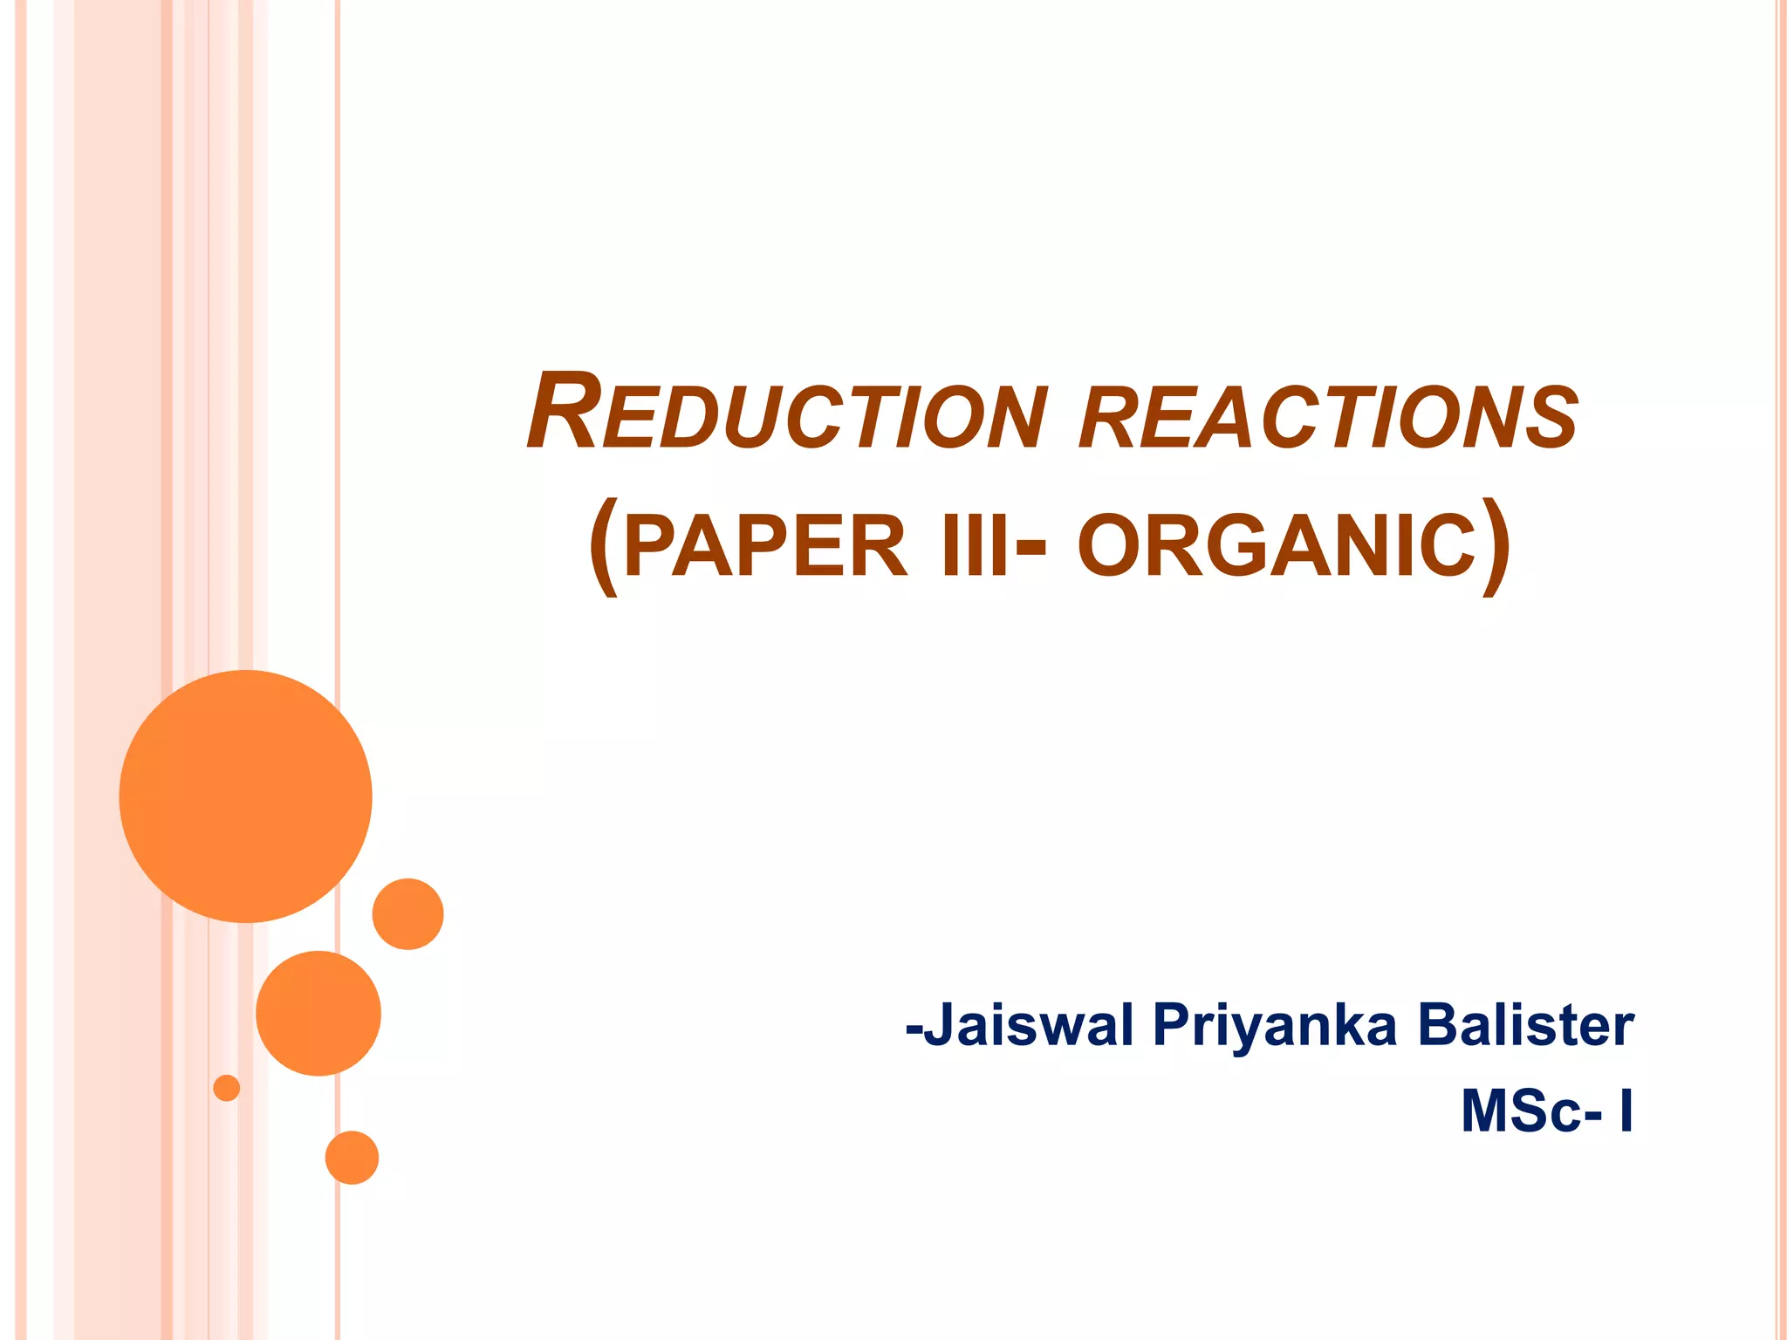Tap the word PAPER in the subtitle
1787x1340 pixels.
point(765,547)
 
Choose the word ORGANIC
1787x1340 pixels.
point(1277,547)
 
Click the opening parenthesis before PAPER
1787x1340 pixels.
point(604,547)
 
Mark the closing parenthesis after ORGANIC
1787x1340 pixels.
point(1497,547)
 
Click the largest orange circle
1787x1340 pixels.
point(246,796)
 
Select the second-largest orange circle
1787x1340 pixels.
point(318,1013)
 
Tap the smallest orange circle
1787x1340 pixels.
point(227,1088)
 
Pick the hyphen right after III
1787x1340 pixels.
point(1031,549)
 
